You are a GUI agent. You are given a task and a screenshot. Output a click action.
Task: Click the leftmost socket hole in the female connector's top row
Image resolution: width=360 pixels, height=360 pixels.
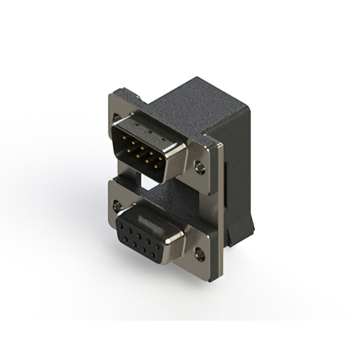click(121, 225)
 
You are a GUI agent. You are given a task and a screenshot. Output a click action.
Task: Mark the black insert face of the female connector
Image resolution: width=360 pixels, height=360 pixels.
click(138, 239)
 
